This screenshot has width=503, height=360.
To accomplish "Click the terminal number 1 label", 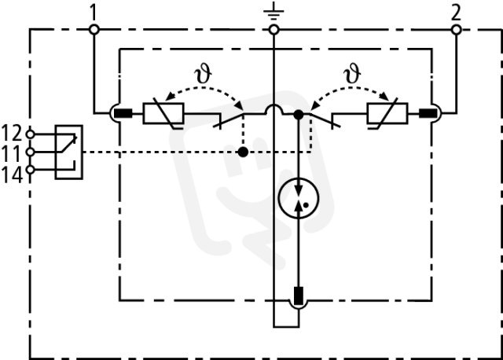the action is coord(93,13).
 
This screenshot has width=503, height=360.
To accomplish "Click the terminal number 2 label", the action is coord(456,13).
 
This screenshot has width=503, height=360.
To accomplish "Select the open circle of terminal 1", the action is coord(94,30).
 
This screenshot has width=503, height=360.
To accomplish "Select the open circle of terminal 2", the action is coord(456,30).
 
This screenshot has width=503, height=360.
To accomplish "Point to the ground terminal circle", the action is coord(274,30).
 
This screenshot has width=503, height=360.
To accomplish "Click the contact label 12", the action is coord(12,133).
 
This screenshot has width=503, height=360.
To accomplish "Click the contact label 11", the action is coord(12,153).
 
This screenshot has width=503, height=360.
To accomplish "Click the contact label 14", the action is coord(12,174).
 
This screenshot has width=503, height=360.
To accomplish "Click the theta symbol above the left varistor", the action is coord(203,74).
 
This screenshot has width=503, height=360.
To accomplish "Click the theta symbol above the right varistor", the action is coord(352,74).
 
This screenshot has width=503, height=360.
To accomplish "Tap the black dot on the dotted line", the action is coord(243,152).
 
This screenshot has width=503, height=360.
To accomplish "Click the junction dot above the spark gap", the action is coord(299,114).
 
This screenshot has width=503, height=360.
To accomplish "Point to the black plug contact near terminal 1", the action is coord(123,113).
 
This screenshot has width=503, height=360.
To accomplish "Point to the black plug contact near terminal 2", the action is coord(428,113).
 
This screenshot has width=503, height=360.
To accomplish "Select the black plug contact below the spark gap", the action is coord(299,296).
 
